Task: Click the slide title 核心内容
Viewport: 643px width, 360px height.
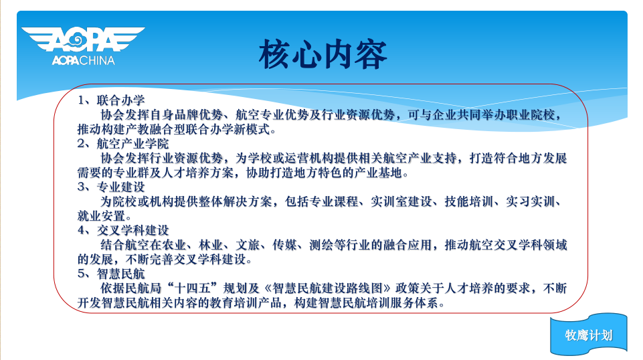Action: pos(323,54)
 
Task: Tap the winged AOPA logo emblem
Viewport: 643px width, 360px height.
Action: pos(83,39)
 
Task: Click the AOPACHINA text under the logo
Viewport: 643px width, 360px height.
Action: pos(83,61)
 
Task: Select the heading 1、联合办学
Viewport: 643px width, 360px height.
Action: pos(111,100)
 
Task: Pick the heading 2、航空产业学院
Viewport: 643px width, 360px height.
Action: pos(123,143)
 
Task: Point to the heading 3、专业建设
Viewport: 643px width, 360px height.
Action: pos(111,187)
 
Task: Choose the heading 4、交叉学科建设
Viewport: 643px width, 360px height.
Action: pos(123,230)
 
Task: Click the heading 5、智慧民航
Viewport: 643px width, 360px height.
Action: pos(111,274)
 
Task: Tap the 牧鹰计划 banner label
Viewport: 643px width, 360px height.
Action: pos(588,335)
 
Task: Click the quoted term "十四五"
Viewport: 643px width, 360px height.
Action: pos(198,288)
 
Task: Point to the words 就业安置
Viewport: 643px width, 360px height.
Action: pos(101,215)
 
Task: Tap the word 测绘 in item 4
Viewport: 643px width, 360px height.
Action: pos(321,245)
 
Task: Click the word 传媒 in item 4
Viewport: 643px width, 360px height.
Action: pos(284,245)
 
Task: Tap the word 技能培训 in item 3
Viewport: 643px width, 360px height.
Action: pos(469,201)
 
